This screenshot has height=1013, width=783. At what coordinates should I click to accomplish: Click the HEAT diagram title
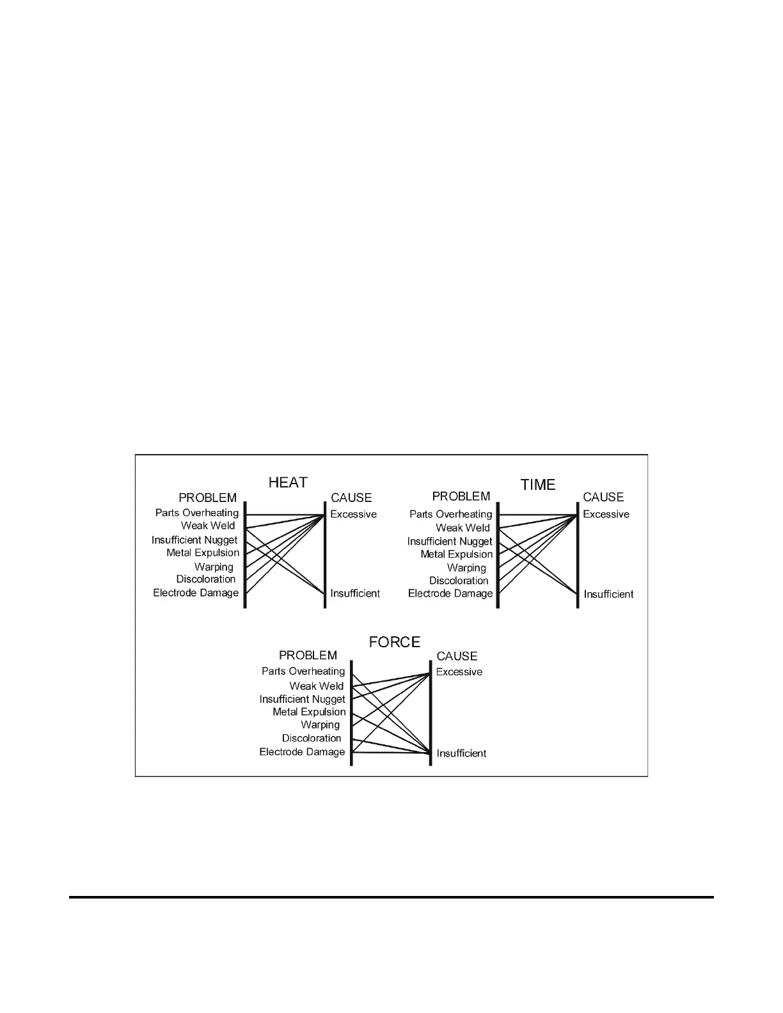tap(288, 482)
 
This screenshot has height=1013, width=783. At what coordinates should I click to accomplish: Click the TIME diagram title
tap(538, 485)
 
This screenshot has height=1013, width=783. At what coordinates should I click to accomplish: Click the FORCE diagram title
tap(395, 642)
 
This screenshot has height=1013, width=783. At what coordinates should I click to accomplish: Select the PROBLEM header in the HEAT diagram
tap(207, 498)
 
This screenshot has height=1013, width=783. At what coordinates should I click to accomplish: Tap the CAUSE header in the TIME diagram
tap(603, 497)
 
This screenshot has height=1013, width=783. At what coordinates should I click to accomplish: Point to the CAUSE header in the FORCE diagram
tap(457, 656)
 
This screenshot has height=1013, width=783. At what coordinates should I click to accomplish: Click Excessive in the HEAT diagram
tap(353, 514)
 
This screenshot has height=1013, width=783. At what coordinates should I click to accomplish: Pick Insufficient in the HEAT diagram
tap(355, 593)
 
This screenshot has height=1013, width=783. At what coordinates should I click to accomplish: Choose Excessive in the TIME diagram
tap(606, 514)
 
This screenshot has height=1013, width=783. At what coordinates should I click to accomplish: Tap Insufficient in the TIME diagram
tap(608, 594)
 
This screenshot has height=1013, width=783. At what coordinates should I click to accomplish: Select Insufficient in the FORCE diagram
tap(461, 753)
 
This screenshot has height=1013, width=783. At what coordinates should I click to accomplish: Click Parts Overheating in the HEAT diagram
tap(197, 513)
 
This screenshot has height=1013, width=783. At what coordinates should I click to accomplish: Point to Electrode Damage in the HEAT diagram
tap(196, 593)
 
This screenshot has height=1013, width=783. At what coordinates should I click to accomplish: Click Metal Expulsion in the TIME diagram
tap(457, 554)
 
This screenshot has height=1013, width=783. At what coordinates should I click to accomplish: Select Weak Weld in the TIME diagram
tap(463, 528)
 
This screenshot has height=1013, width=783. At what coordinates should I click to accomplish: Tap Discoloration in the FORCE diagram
tap(312, 738)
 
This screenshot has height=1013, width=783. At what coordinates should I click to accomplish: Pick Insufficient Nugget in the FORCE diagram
tap(302, 699)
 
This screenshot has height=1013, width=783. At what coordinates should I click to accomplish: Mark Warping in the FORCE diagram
tap(320, 725)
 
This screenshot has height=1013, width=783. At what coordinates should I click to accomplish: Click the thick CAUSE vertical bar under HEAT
tap(325, 556)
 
